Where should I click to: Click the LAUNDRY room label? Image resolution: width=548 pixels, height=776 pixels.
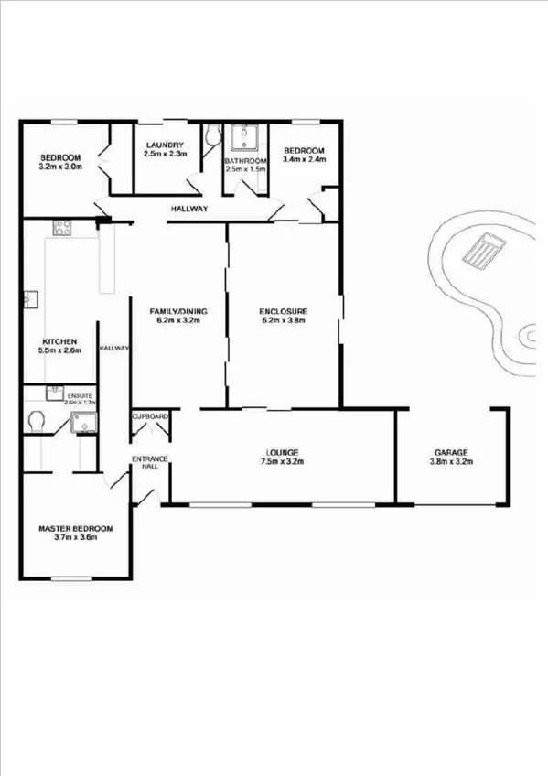click(x=165, y=145)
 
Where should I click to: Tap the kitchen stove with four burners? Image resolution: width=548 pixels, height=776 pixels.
click(x=63, y=226)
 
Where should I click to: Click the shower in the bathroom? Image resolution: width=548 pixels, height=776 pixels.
click(x=245, y=138)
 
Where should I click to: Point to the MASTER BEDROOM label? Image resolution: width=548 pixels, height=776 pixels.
click(x=75, y=529)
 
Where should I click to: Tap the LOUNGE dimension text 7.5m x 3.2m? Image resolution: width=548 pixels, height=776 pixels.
click(x=283, y=462)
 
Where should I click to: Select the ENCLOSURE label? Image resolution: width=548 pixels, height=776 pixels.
click(x=283, y=310)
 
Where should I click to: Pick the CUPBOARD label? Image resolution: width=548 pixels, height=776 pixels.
click(x=151, y=417)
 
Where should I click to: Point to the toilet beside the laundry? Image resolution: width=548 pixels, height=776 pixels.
click(x=212, y=137)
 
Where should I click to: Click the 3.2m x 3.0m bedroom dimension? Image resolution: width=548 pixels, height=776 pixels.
click(x=60, y=167)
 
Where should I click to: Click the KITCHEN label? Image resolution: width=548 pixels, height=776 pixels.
click(x=58, y=341)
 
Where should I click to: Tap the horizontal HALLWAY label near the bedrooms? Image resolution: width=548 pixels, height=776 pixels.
click(x=189, y=210)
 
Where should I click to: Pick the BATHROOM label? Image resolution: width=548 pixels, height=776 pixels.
click(x=245, y=160)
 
